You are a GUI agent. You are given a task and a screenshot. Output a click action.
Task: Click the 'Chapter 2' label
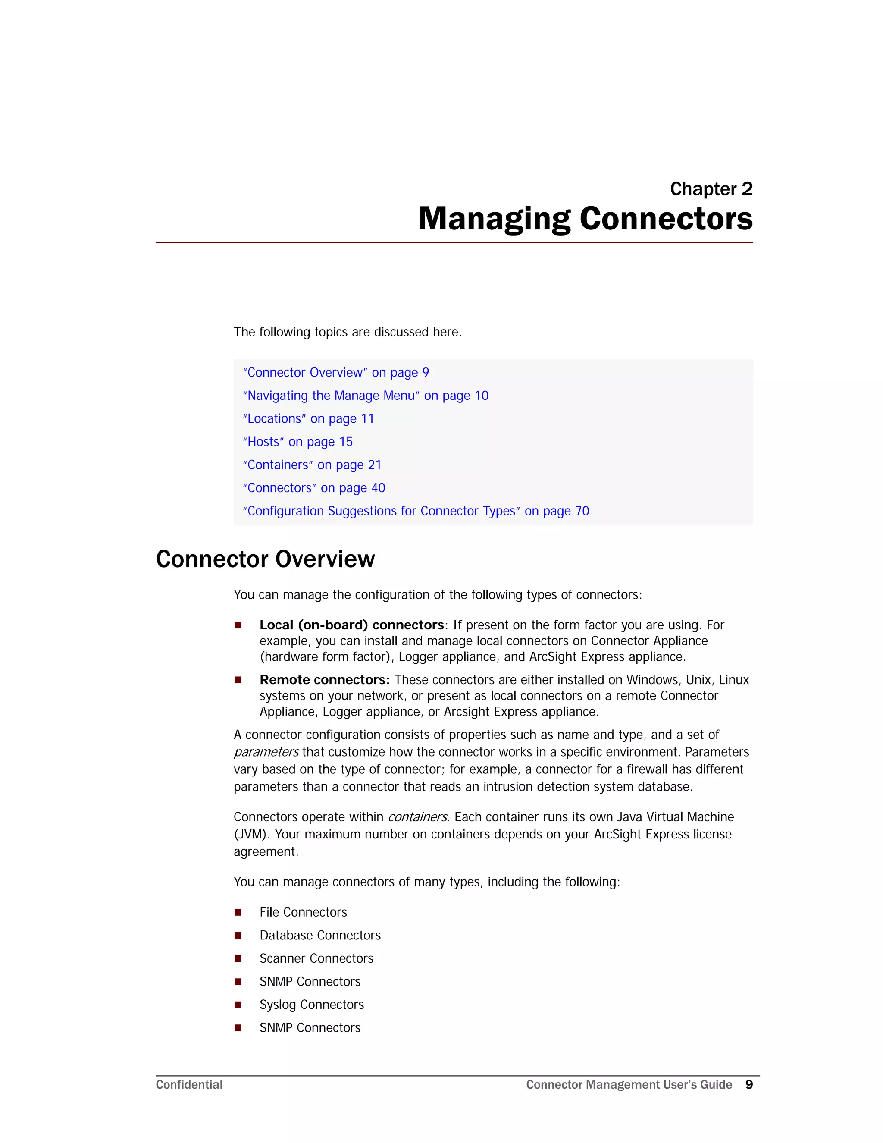pyautogui.click(x=711, y=189)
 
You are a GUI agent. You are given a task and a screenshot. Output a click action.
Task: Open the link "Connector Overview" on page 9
pyautogui.click(x=335, y=373)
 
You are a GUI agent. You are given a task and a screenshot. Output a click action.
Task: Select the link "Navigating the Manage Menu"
pyautogui.click(x=365, y=396)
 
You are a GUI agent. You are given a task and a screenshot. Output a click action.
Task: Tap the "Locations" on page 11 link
pyautogui.click(x=308, y=419)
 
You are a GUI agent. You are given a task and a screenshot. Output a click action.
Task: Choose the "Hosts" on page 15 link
pyautogui.click(x=297, y=442)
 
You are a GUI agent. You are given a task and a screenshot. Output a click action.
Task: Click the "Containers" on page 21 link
pyautogui.click(x=312, y=465)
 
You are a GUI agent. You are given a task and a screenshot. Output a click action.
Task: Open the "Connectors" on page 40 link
pyautogui.click(x=313, y=488)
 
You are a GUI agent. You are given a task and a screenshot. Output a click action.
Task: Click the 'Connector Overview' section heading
pyautogui.click(x=265, y=559)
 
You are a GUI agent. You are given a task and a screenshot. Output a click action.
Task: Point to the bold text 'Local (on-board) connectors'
pyautogui.click(x=351, y=625)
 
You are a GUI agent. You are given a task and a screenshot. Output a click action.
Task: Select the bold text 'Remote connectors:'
pyautogui.click(x=324, y=680)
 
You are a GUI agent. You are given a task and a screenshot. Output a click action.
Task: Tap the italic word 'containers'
pyautogui.click(x=417, y=817)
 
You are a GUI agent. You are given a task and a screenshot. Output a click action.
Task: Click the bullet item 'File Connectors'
pyautogui.click(x=303, y=912)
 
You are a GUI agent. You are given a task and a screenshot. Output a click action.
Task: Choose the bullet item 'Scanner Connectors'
pyautogui.click(x=316, y=958)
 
